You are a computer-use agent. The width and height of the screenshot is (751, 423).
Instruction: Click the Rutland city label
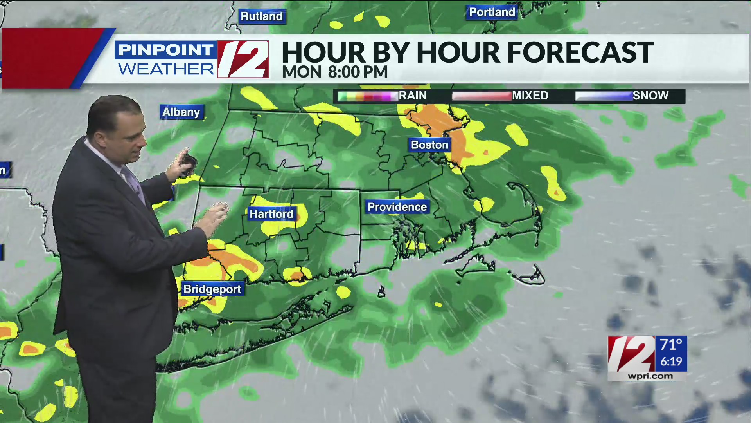click(261, 16)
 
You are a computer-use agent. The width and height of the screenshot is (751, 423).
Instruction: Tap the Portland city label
click(492, 13)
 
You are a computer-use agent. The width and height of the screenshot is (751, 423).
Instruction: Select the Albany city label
click(181, 112)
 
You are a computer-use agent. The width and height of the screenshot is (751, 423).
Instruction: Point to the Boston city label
click(429, 145)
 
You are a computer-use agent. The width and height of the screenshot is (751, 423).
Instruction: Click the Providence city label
click(397, 207)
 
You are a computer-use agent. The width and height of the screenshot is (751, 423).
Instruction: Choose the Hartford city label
click(271, 214)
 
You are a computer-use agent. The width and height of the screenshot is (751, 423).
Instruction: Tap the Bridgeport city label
click(212, 289)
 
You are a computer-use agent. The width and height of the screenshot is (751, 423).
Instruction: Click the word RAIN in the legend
click(412, 96)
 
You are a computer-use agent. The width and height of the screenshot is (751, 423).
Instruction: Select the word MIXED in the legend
click(530, 96)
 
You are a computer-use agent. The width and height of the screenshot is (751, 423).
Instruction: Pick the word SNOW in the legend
click(650, 96)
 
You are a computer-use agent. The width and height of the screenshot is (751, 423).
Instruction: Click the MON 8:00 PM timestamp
click(335, 72)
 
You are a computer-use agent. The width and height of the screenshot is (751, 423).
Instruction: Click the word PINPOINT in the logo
click(165, 50)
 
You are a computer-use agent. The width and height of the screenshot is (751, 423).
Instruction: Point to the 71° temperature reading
click(671, 345)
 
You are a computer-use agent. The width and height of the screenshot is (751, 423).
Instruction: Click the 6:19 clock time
click(671, 362)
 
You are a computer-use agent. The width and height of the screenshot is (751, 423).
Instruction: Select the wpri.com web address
click(650, 376)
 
